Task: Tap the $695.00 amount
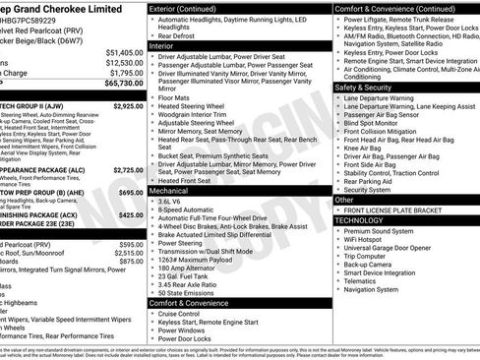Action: tap(131, 193)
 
